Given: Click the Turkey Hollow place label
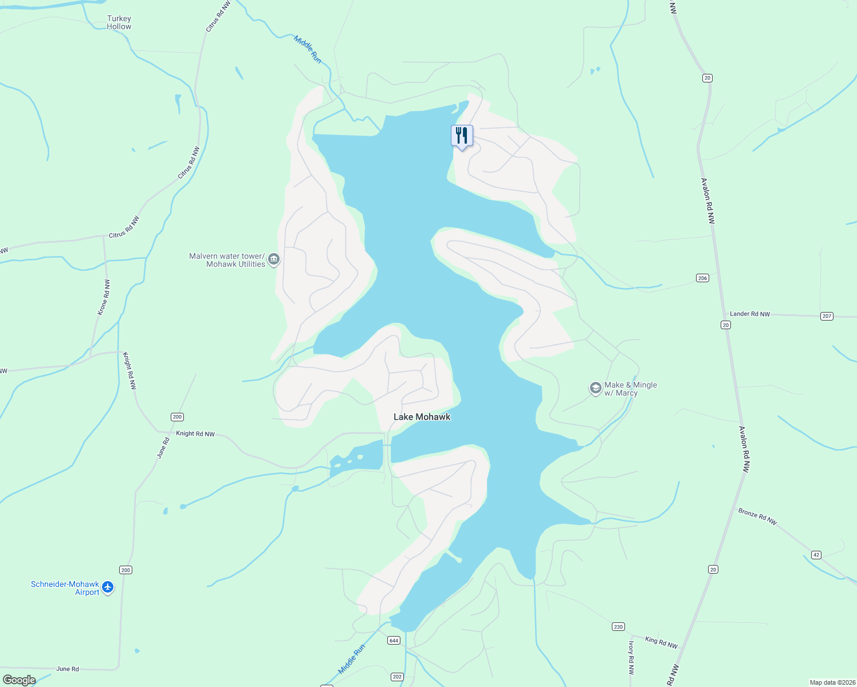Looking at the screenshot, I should point(119,22).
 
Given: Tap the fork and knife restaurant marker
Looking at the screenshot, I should point(462,136).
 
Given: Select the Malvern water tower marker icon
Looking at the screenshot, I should point(274,260).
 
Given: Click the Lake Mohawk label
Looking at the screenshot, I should point(422,417).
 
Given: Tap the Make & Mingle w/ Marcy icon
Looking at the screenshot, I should point(596,389).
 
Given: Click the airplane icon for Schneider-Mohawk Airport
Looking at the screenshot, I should point(107,587).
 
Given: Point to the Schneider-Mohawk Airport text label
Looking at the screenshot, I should point(65,588).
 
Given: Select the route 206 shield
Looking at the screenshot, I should point(702,278).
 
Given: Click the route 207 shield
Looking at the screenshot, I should point(826,316).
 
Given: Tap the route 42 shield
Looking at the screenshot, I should point(816,555).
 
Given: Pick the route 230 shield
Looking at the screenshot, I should point(618,626).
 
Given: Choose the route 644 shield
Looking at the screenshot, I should point(394,640).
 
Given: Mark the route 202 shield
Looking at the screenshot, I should point(397,677).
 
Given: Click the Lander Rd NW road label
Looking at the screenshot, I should point(749,314).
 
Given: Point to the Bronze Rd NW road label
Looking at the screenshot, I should point(757,516).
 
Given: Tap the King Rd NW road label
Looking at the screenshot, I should point(661,642).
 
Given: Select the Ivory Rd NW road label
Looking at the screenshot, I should point(631,657).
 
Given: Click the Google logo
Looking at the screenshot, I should point(19,680).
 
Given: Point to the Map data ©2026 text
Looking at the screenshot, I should point(832,682).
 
